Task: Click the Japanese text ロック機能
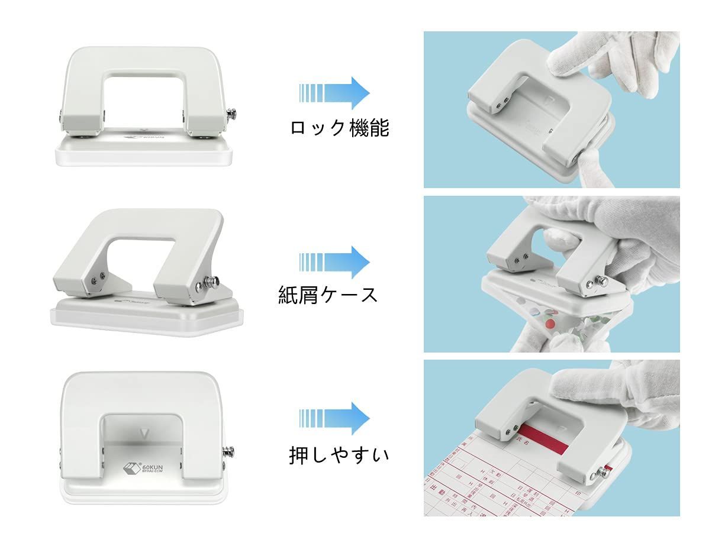pos(339,127)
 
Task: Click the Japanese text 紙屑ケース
pos(328,294)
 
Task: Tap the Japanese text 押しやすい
pos(339,455)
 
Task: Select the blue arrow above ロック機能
pos(335,93)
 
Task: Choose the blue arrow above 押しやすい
pos(335,418)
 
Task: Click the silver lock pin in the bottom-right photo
pos(604,471)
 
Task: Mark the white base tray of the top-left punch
pos(142,155)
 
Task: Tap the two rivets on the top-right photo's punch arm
pos(500,104)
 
